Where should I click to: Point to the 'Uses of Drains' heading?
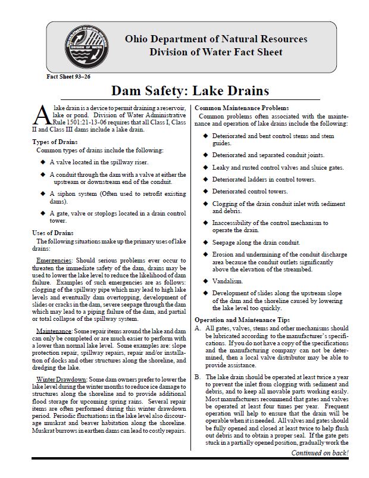click(54, 233)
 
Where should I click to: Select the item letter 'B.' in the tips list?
click(198, 377)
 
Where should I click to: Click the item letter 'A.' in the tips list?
click(198, 329)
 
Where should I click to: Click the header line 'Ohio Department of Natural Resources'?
click(215, 39)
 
